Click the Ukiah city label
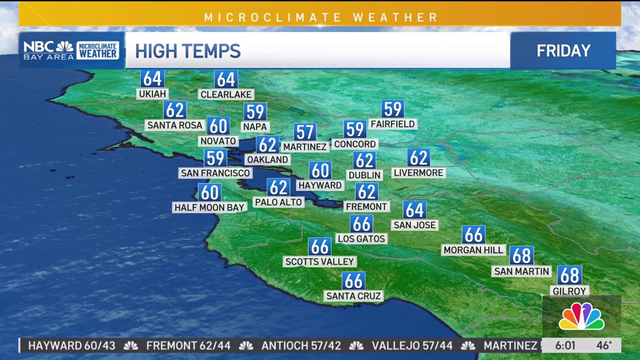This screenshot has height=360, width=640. (x=152, y=94)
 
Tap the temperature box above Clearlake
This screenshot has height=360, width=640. (x=226, y=79)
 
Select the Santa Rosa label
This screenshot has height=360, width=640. (x=175, y=125)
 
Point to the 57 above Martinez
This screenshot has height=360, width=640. (x=305, y=132)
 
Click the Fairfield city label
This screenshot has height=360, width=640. (x=393, y=124)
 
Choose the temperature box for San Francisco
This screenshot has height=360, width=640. (x=215, y=158)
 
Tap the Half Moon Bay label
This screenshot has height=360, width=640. (x=209, y=207)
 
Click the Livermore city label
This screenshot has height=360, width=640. (x=419, y=173)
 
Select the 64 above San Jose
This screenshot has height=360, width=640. (x=414, y=210)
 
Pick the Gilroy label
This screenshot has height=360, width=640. (x=570, y=291)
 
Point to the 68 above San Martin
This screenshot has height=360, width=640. (x=521, y=256)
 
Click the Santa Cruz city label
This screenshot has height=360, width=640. (x=354, y=295)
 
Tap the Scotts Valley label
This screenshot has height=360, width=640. (x=320, y=261)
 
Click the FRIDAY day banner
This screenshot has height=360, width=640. (x=563, y=51)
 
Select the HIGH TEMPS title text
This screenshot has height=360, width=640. (x=188, y=51)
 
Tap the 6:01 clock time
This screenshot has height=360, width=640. (x=565, y=345)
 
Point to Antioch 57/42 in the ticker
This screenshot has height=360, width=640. (x=301, y=346)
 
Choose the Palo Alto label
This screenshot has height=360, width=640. (x=278, y=202)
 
